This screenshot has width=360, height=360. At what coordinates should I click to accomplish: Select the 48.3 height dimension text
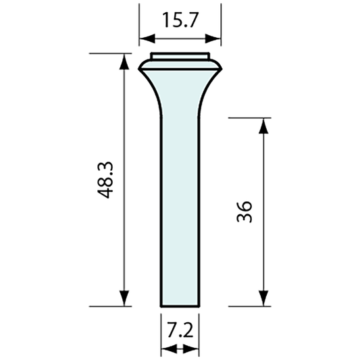105,181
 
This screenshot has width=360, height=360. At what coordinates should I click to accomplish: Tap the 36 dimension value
245,211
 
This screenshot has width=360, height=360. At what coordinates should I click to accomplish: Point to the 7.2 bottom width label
180,330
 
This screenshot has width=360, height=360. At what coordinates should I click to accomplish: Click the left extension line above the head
138,27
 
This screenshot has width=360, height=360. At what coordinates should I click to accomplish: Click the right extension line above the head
222,27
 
